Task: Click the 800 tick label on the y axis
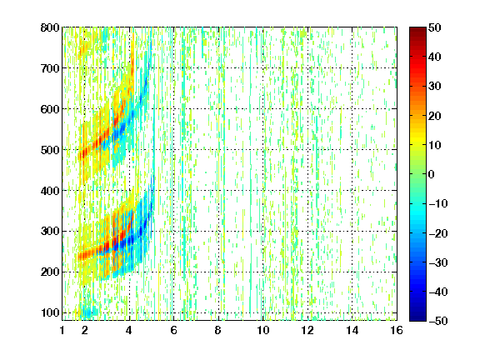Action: point(50,27)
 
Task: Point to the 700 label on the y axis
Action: point(50,68)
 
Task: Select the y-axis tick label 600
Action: point(50,109)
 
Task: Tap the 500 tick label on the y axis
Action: point(50,150)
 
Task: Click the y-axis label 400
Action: point(50,191)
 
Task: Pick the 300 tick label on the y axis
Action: point(50,232)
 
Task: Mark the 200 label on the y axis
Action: point(50,272)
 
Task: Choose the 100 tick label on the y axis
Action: point(50,312)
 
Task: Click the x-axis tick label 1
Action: point(62,330)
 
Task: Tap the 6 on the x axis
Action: point(174,330)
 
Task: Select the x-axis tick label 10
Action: point(263,330)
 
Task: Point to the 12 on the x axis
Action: point(307,330)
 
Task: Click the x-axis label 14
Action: point(352,330)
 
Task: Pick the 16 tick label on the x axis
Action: point(397,330)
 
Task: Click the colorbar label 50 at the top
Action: point(435,27)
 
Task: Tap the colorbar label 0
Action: point(432,174)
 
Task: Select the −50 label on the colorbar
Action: point(438,321)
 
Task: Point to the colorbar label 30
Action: point(435,87)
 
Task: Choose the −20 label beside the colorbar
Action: point(438,233)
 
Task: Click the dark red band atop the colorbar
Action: point(417,33)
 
